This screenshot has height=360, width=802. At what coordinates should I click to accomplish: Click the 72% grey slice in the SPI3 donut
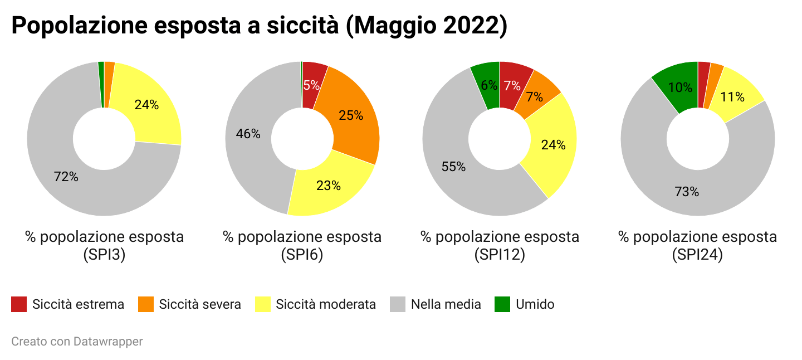pyautogui.click(x=66, y=177)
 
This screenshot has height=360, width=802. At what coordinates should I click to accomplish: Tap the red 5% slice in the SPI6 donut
pyautogui.click(x=311, y=85)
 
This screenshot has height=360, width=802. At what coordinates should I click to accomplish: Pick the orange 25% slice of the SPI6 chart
pyautogui.click(x=351, y=115)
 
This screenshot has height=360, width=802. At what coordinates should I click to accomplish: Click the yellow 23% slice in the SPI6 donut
pyautogui.click(x=328, y=186)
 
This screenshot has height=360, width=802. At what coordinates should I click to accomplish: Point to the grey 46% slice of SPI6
pyautogui.click(x=248, y=134)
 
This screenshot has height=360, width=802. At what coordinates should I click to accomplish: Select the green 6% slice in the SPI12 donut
pyautogui.click(x=488, y=85)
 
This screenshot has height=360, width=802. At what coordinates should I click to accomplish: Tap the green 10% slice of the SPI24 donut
pyautogui.click(x=680, y=87)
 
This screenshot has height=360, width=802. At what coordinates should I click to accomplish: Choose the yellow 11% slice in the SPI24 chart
pyautogui.click(x=732, y=97)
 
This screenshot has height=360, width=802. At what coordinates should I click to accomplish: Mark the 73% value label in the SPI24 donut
pyautogui.click(x=687, y=192)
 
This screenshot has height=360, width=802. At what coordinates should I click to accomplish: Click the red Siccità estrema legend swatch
pyautogui.click(x=19, y=304)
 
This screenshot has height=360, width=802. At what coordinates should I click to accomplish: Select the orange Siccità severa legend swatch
pyautogui.click(x=145, y=304)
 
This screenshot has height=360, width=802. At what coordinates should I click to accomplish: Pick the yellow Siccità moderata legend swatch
pyautogui.click(x=262, y=304)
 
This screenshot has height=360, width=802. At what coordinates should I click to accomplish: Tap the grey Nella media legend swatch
pyautogui.click(x=398, y=304)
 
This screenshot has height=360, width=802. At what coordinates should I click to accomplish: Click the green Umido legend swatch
pyautogui.click(x=502, y=304)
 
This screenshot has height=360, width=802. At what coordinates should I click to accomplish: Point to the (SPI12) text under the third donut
pyautogui.click(x=500, y=255)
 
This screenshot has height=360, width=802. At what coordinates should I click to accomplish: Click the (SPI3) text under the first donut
pyautogui.click(x=104, y=255)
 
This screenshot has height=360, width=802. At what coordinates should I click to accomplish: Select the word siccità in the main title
pyautogui.click(x=293, y=26)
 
